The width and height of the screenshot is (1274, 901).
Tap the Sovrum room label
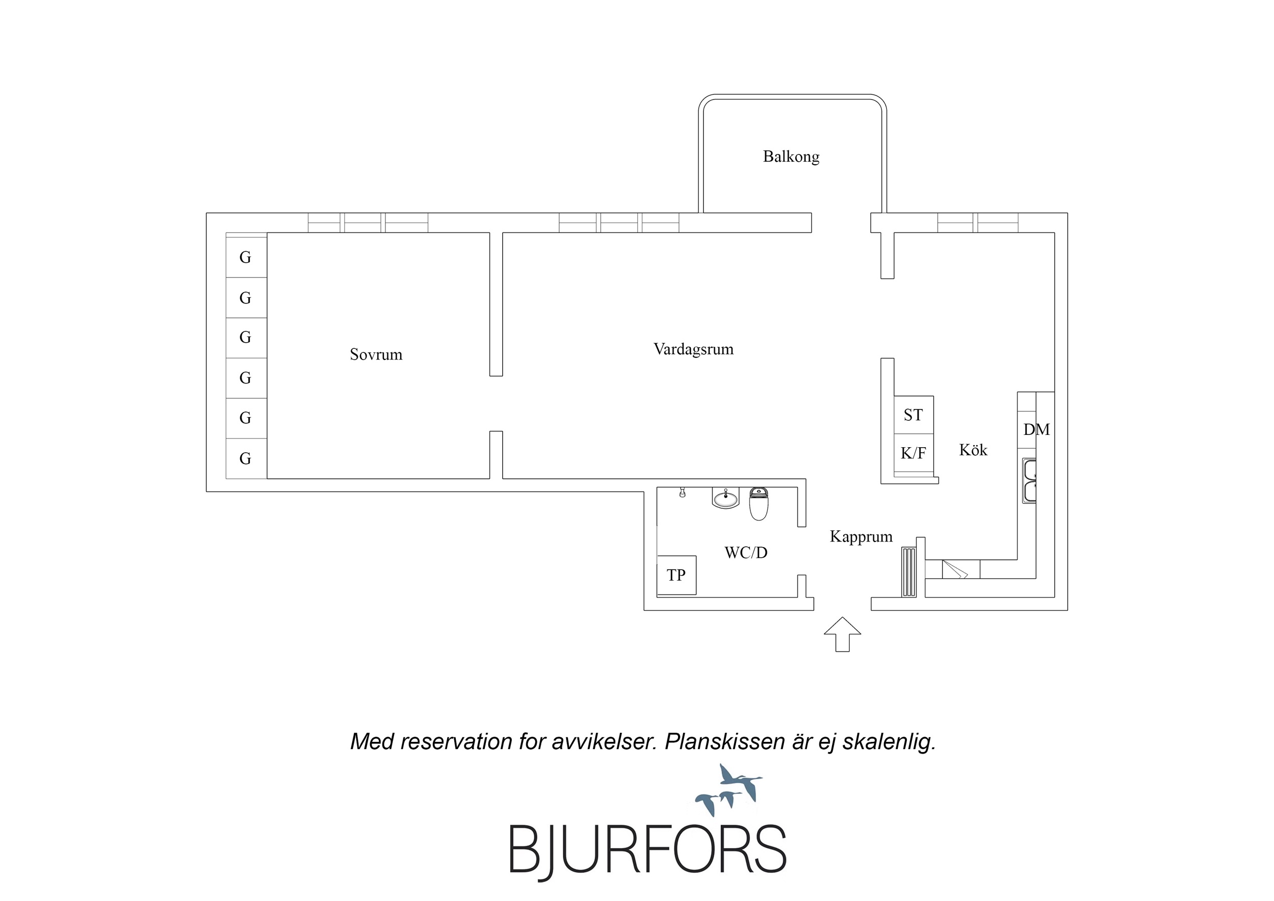376,354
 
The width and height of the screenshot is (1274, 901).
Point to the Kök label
973,450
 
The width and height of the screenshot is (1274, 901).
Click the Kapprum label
861,536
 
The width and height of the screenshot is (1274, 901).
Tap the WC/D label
746,552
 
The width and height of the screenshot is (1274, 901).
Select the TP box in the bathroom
677,575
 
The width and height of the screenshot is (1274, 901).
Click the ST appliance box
914,415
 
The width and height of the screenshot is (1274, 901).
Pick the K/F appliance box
914,453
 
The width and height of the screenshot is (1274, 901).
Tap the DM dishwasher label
1036,430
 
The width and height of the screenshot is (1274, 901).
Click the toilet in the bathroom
759,503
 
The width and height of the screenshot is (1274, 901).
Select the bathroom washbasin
726,498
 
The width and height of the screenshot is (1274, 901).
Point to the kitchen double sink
1029,481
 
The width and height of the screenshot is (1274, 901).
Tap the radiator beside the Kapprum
908,572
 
